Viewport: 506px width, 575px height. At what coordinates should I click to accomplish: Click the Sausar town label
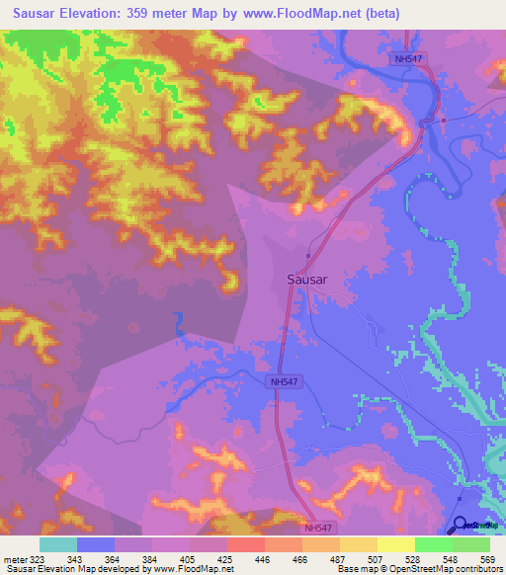(306, 279)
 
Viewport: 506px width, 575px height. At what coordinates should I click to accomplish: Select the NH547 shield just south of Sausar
(284, 381)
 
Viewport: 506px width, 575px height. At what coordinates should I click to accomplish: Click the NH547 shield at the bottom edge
(319, 529)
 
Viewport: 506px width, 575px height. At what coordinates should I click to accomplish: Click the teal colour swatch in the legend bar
(58, 544)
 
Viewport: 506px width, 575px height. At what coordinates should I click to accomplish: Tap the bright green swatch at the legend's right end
(470, 544)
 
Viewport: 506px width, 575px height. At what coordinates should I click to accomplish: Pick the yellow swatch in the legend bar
(395, 544)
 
